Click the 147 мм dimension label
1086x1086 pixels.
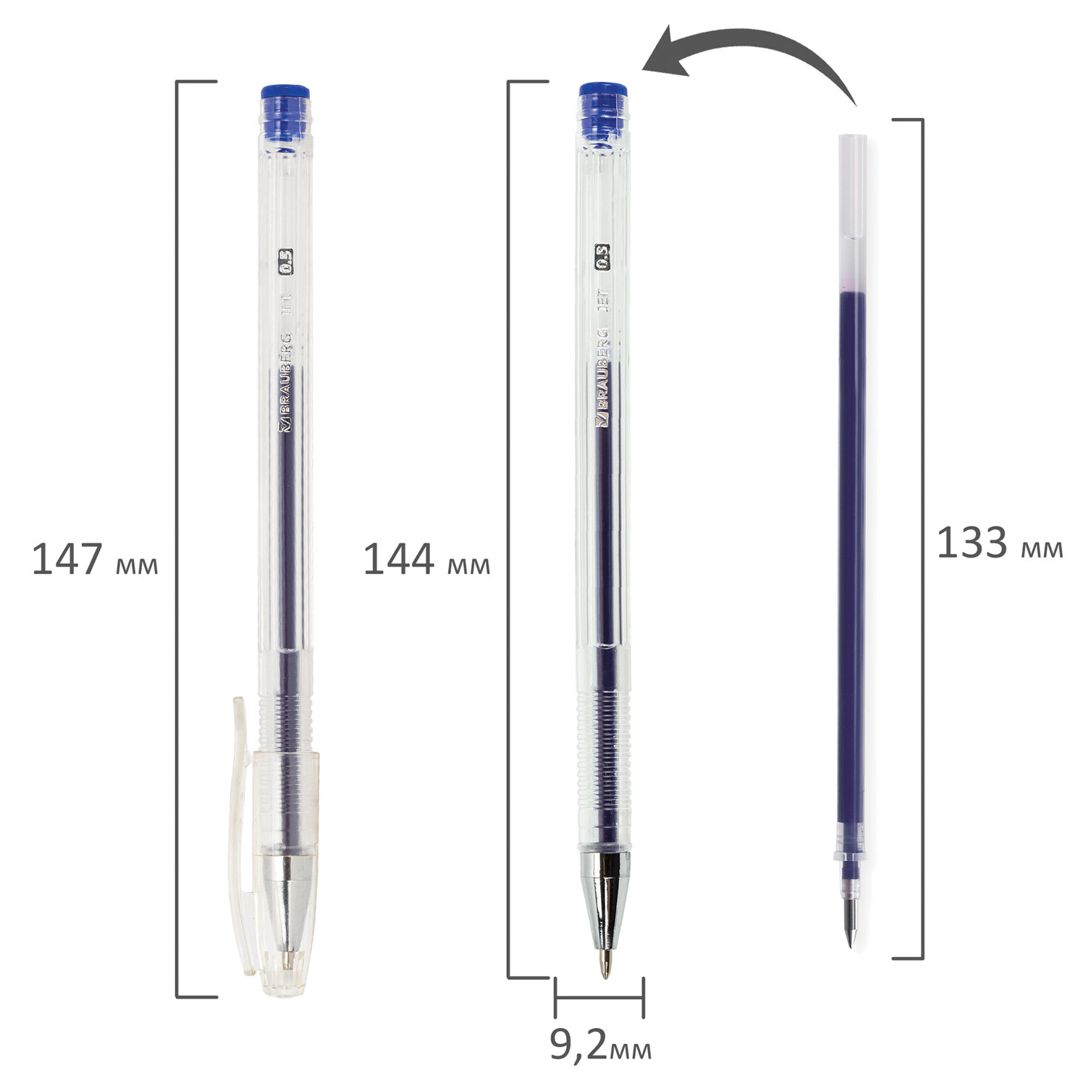[95, 560]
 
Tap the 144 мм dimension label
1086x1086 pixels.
[426, 560]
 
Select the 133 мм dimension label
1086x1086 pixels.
[1000, 543]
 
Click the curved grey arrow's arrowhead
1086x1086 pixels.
[666, 55]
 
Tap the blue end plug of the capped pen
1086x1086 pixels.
[285, 114]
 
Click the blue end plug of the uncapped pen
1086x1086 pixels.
[602, 111]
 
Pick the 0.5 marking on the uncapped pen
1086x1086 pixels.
[602, 258]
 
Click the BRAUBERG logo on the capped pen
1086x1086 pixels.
[285, 383]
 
